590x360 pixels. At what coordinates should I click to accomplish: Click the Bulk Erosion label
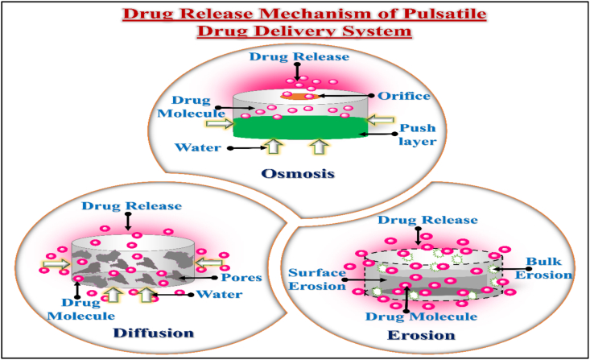[x=550, y=268]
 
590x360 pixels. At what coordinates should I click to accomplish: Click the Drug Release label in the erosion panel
[x=418, y=220]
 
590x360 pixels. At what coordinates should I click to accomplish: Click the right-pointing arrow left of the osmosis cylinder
[x=217, y=124]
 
